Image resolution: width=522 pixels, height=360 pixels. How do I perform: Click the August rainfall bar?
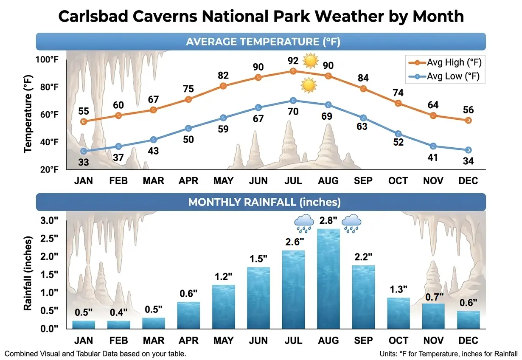pyautogui.click(x=328, y=278)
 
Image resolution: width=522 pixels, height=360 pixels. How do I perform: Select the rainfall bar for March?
pyautogui.click(x=154, y=323)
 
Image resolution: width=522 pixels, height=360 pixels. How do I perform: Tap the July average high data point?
pyautogui.click(x=293, y=71)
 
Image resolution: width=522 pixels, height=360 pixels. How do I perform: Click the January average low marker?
pyautogui.click(x=84, y=151)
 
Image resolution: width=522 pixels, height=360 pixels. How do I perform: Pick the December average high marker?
pyautogui.click(x=468, y=121)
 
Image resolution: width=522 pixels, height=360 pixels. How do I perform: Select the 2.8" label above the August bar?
pyautogui.click(x=328, y=221)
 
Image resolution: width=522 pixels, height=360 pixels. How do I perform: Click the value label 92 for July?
pyautogui.click(x=293, y=60)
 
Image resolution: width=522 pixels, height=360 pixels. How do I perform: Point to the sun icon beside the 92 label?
pyautogui.click(x=310, y=61)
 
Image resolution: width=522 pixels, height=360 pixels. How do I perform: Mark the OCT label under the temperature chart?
pyautogui.click(x=398, y=181)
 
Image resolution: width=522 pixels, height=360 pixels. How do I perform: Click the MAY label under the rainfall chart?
pyautogui.click(x=224, y=340)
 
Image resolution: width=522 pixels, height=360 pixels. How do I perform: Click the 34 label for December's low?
pyautogui.click(x=468, y=161)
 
